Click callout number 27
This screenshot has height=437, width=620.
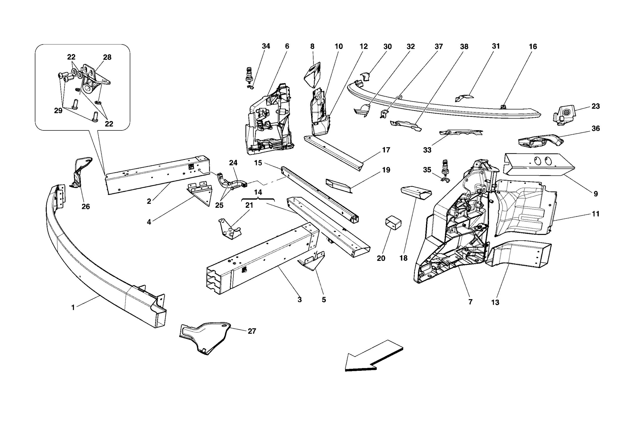point(252,331)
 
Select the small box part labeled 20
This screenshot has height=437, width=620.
point(393,223)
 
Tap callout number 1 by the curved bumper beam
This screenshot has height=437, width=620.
point(73,308)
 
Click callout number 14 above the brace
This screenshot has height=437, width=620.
point(258,192)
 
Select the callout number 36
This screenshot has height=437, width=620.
point(595,129)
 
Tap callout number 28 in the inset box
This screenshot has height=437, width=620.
point(107,57)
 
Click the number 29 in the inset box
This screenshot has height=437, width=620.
point(58,111)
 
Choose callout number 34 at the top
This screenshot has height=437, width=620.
point(266,46)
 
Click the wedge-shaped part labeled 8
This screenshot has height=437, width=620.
point(312,74)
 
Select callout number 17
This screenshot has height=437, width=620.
point(386,150)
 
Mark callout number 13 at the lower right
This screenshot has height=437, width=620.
point(495,302)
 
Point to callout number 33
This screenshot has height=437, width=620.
point(427,150)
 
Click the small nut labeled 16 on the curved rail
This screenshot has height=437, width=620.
point(503,107)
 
